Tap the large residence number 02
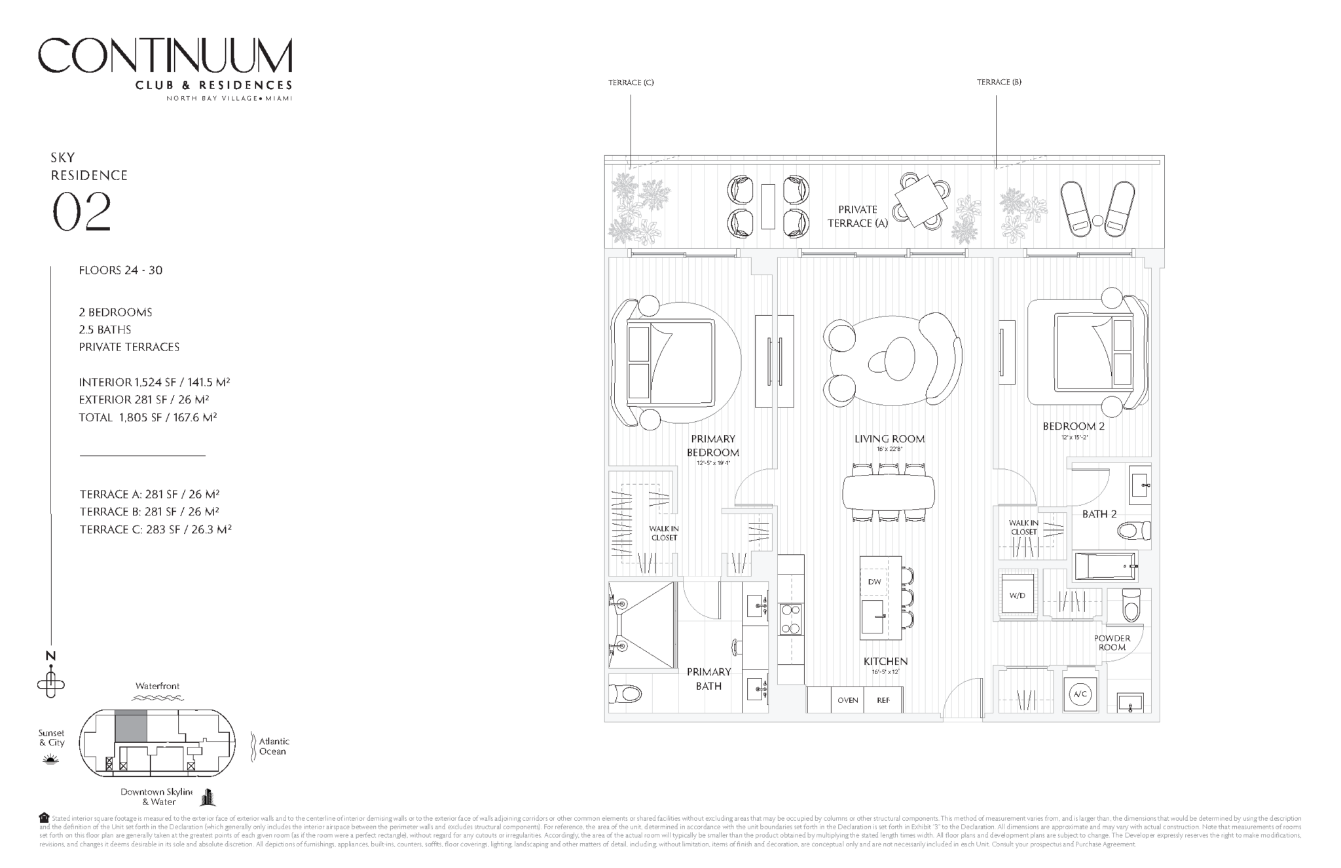[82, 212]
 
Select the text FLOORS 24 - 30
[120, 270]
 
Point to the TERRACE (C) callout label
[631, 83]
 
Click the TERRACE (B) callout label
[999, 82]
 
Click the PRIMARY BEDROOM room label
[712, 445]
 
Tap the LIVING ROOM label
[889, 439]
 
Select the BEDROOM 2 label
[1073, 426]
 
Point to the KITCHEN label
[885, 662]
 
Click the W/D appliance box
[1017, 595]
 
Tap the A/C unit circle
[1080, 695]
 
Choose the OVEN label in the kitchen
[847, 700]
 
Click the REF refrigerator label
[883, 700]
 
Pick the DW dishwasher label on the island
[874, 582]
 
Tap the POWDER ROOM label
[1112, 643]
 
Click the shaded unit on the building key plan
[131, 726]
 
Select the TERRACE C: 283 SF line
[156, 529]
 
